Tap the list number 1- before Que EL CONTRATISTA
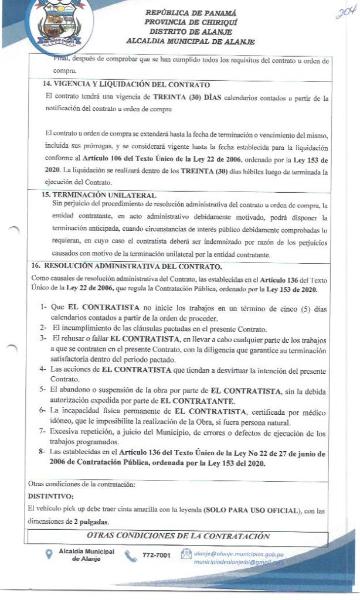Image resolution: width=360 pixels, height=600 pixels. point(43,306)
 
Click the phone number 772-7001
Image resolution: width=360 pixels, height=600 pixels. point(156,555)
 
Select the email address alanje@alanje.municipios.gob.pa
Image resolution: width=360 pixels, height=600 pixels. point(239,552)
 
